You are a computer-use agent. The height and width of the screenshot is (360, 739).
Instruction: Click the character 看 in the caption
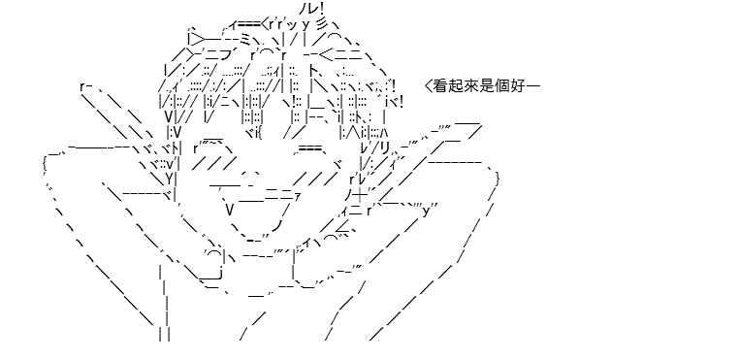tap(440, 86)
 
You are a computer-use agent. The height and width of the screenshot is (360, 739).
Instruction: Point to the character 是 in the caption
tap(487, 86)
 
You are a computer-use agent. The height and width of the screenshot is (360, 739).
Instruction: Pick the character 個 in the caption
tap(502, 86)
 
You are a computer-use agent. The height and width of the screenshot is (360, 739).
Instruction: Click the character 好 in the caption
tap(518, 86)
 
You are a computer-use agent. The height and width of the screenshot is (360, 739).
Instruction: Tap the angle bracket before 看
tap(428, 86)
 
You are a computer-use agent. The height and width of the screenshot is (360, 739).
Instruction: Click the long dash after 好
tap(533, 86)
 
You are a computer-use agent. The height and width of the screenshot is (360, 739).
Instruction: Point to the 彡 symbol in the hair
tap(319, 22)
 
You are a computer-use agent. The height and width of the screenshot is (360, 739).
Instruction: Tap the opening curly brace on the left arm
tap(44, 164)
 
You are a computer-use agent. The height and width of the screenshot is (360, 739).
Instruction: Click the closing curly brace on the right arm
tap(498, 180)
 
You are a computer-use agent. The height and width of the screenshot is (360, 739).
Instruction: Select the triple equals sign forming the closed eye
tap(308, 148)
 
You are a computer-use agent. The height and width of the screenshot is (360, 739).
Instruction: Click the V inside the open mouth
tap(230, 210)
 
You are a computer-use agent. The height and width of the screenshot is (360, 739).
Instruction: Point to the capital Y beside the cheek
tap(169, 179)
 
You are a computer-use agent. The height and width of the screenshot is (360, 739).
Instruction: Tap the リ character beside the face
tap(385, 148)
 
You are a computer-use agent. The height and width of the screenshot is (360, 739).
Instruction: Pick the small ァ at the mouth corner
tap(297, 196)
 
